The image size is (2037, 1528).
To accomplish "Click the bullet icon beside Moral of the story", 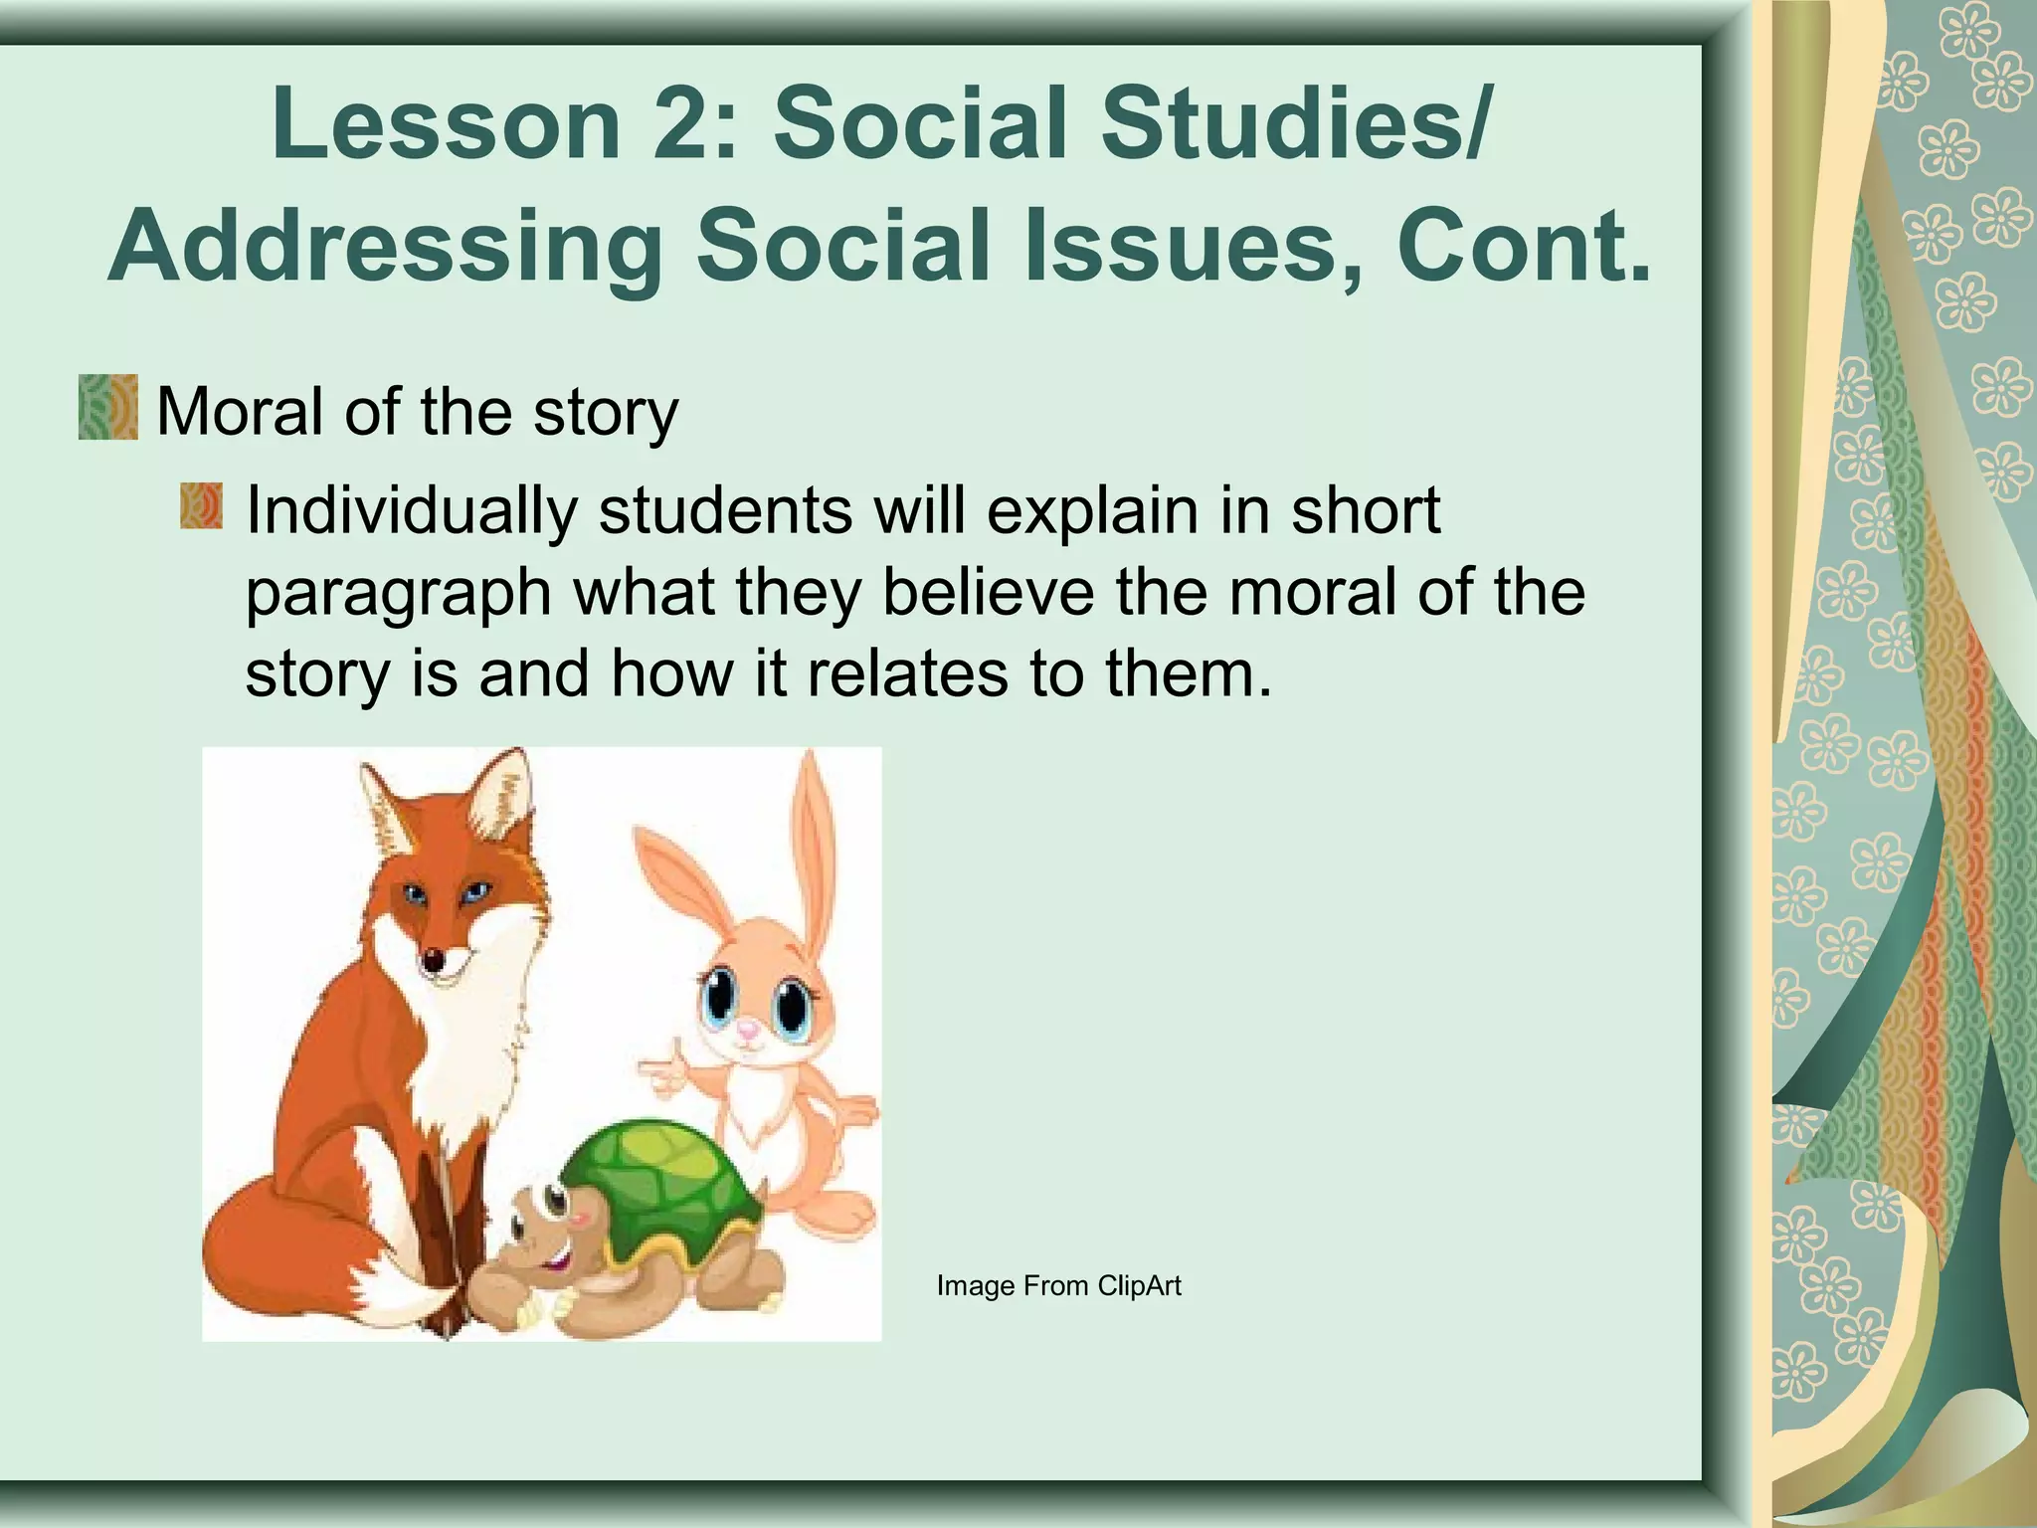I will point(107,407).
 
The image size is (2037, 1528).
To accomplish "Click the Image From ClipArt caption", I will point(1058,1286).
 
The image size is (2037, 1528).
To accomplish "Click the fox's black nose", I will point(434,961).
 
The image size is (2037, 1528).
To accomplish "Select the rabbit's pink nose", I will point(748,1036).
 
